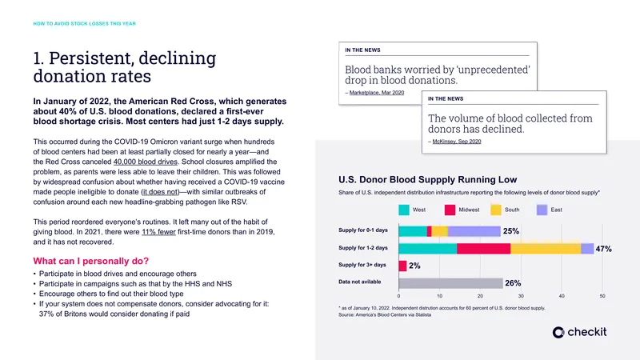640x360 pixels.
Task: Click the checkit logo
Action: [x=579, y=332]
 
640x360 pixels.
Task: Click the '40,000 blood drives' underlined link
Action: [x=146, y=162]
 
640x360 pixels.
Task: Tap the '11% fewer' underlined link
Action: [x=158, y=232]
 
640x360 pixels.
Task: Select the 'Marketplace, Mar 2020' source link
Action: [x=377, y=93]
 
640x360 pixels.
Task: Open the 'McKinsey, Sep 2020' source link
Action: [x=457, y=142]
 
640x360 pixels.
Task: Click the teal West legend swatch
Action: [x=404, y=210]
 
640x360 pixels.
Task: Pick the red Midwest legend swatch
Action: [x=450, y=210]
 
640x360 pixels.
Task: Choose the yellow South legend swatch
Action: [x=496, y=210]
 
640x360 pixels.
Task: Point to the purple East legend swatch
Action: [x=542, y=210]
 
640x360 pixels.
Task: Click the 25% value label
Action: [x=511, y=231]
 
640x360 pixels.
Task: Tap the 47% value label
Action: [x=604, y=249]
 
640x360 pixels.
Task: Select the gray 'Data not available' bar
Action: [x=450, y=283]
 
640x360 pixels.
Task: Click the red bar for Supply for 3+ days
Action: [x=403, y=266]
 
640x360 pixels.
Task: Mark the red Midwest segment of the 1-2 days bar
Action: [x=484, y=249]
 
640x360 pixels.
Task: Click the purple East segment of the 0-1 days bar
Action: [x=474, y=231]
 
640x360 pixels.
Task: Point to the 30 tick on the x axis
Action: [x=521, y=296]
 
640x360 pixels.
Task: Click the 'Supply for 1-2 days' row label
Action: [x=363, y=248]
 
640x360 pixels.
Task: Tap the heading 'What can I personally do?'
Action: [x=91, y=261]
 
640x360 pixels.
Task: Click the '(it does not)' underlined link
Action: [x=161, y=192]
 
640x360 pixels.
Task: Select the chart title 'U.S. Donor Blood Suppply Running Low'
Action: [x=428, y=179]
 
